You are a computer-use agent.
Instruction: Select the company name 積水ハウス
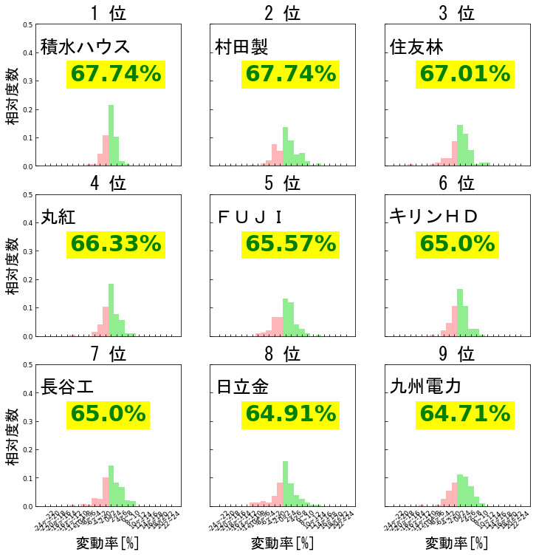(x=85, y=47)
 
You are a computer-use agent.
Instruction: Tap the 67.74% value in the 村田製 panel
(x=290, y=74)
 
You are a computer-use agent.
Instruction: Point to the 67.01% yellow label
(x=465, y=74)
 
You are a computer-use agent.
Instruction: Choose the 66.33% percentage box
(x=115, y=244)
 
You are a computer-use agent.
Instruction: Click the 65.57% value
(x=290, y=244)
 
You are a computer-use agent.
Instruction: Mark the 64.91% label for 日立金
(x=290, y=414)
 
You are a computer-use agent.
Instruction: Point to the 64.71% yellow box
(x=465, y=414)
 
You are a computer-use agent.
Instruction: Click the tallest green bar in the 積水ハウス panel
(x=111, y=135)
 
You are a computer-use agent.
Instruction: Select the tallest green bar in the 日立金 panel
(x=286, y=484)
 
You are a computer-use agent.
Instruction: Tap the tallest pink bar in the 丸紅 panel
(x=106, y=321)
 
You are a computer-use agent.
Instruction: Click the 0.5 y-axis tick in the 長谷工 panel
(x=27, y=364)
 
